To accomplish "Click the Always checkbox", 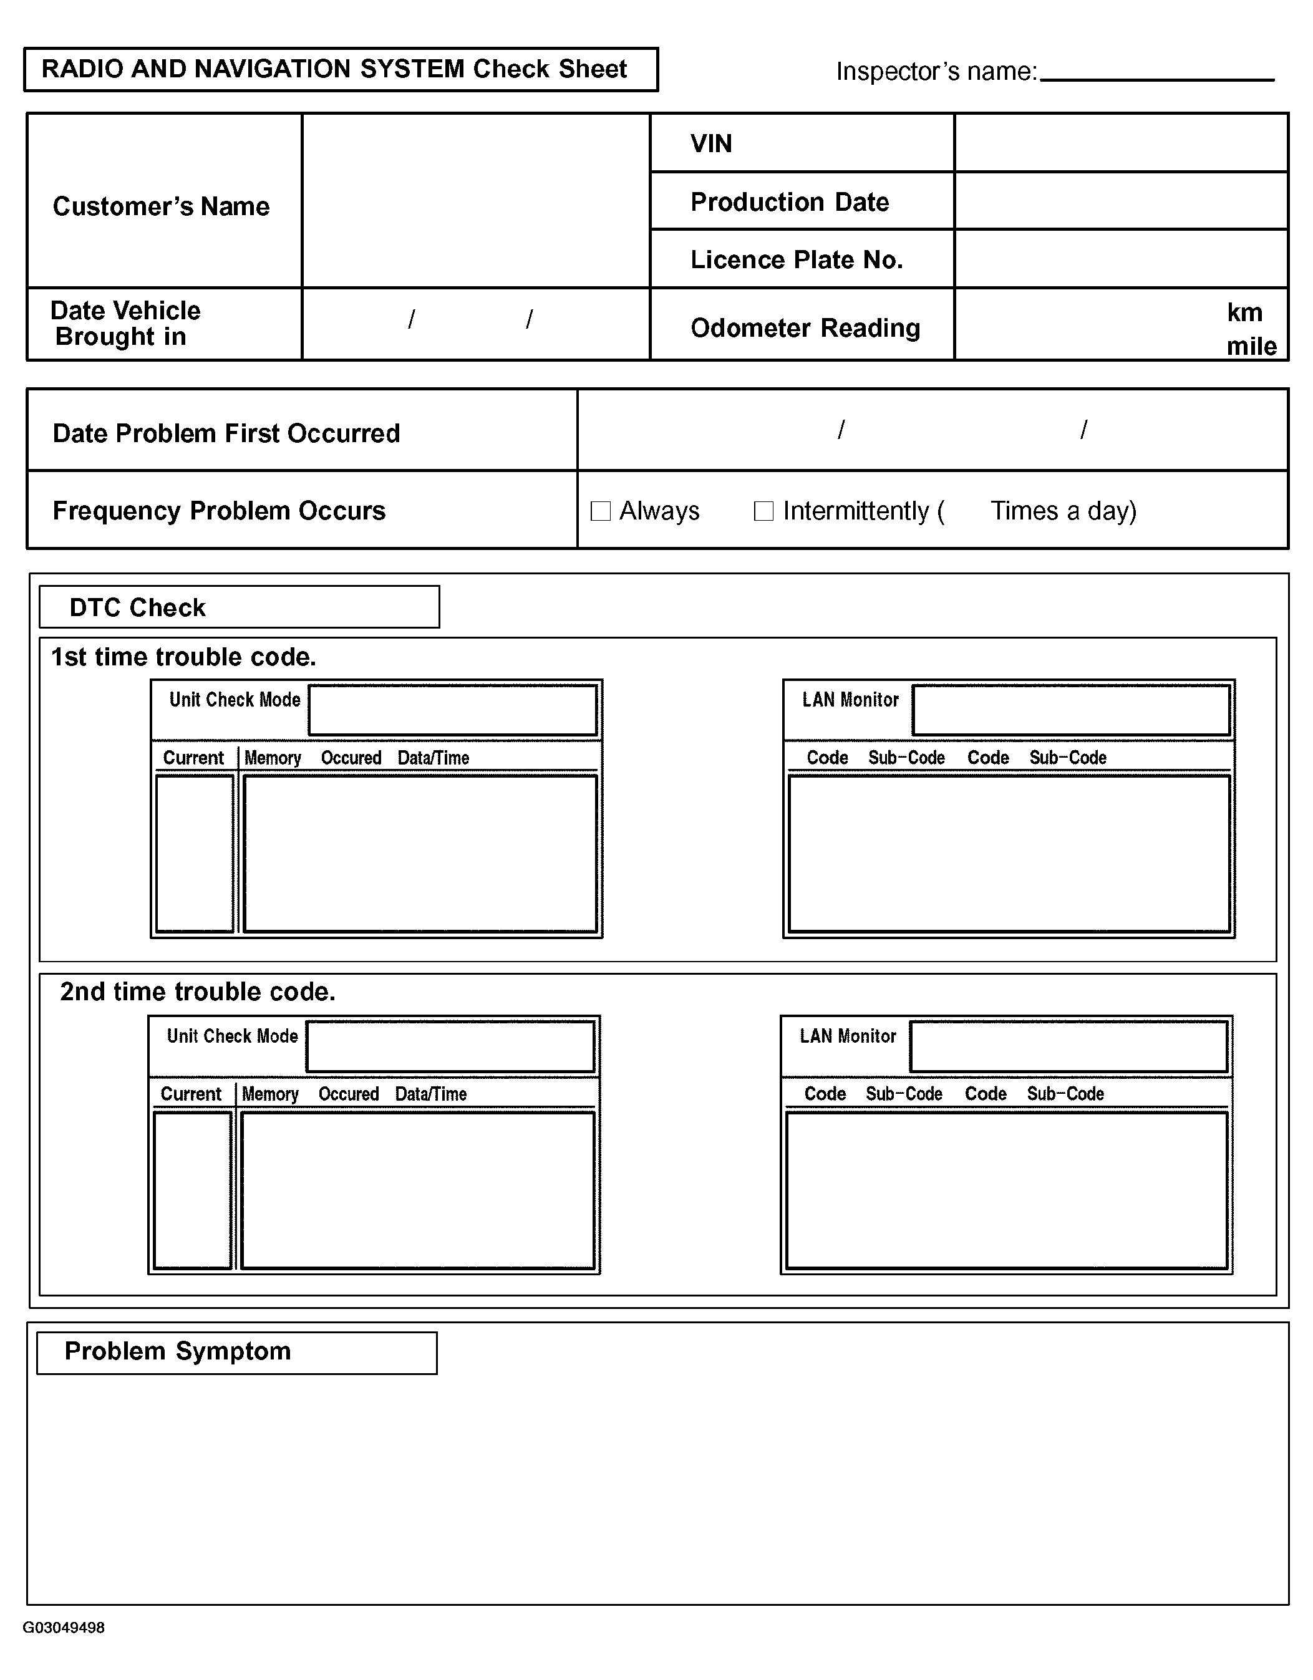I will [x=600, y=511].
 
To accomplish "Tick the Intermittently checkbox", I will [x=763, y=511].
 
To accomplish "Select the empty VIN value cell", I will [x=1121, y=143].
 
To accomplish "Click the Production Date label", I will [x=789, y=201].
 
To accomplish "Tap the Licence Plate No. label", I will [x=796, y=260].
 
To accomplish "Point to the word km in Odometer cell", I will [x=1244, y=312].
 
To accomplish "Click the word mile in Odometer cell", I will [x=1251, y=346].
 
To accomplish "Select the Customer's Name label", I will [x=161, y=206].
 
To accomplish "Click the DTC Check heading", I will [x=138, y=607].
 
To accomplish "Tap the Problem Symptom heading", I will [x=178, y=1351].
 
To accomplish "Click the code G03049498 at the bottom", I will [x=64, y=1628].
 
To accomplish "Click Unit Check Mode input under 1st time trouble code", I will [x=452, y=710].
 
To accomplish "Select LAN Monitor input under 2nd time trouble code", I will [x=1068, y=1046].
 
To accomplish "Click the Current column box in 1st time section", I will [x=195, y=853].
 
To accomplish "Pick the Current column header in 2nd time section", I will [x=191, y=1094].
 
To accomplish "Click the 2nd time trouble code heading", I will [x=198, y=992].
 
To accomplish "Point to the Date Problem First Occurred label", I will [x=226, y=433].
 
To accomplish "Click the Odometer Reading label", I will [x=805, y=327].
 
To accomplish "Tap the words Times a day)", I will [x=1063, y=511].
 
